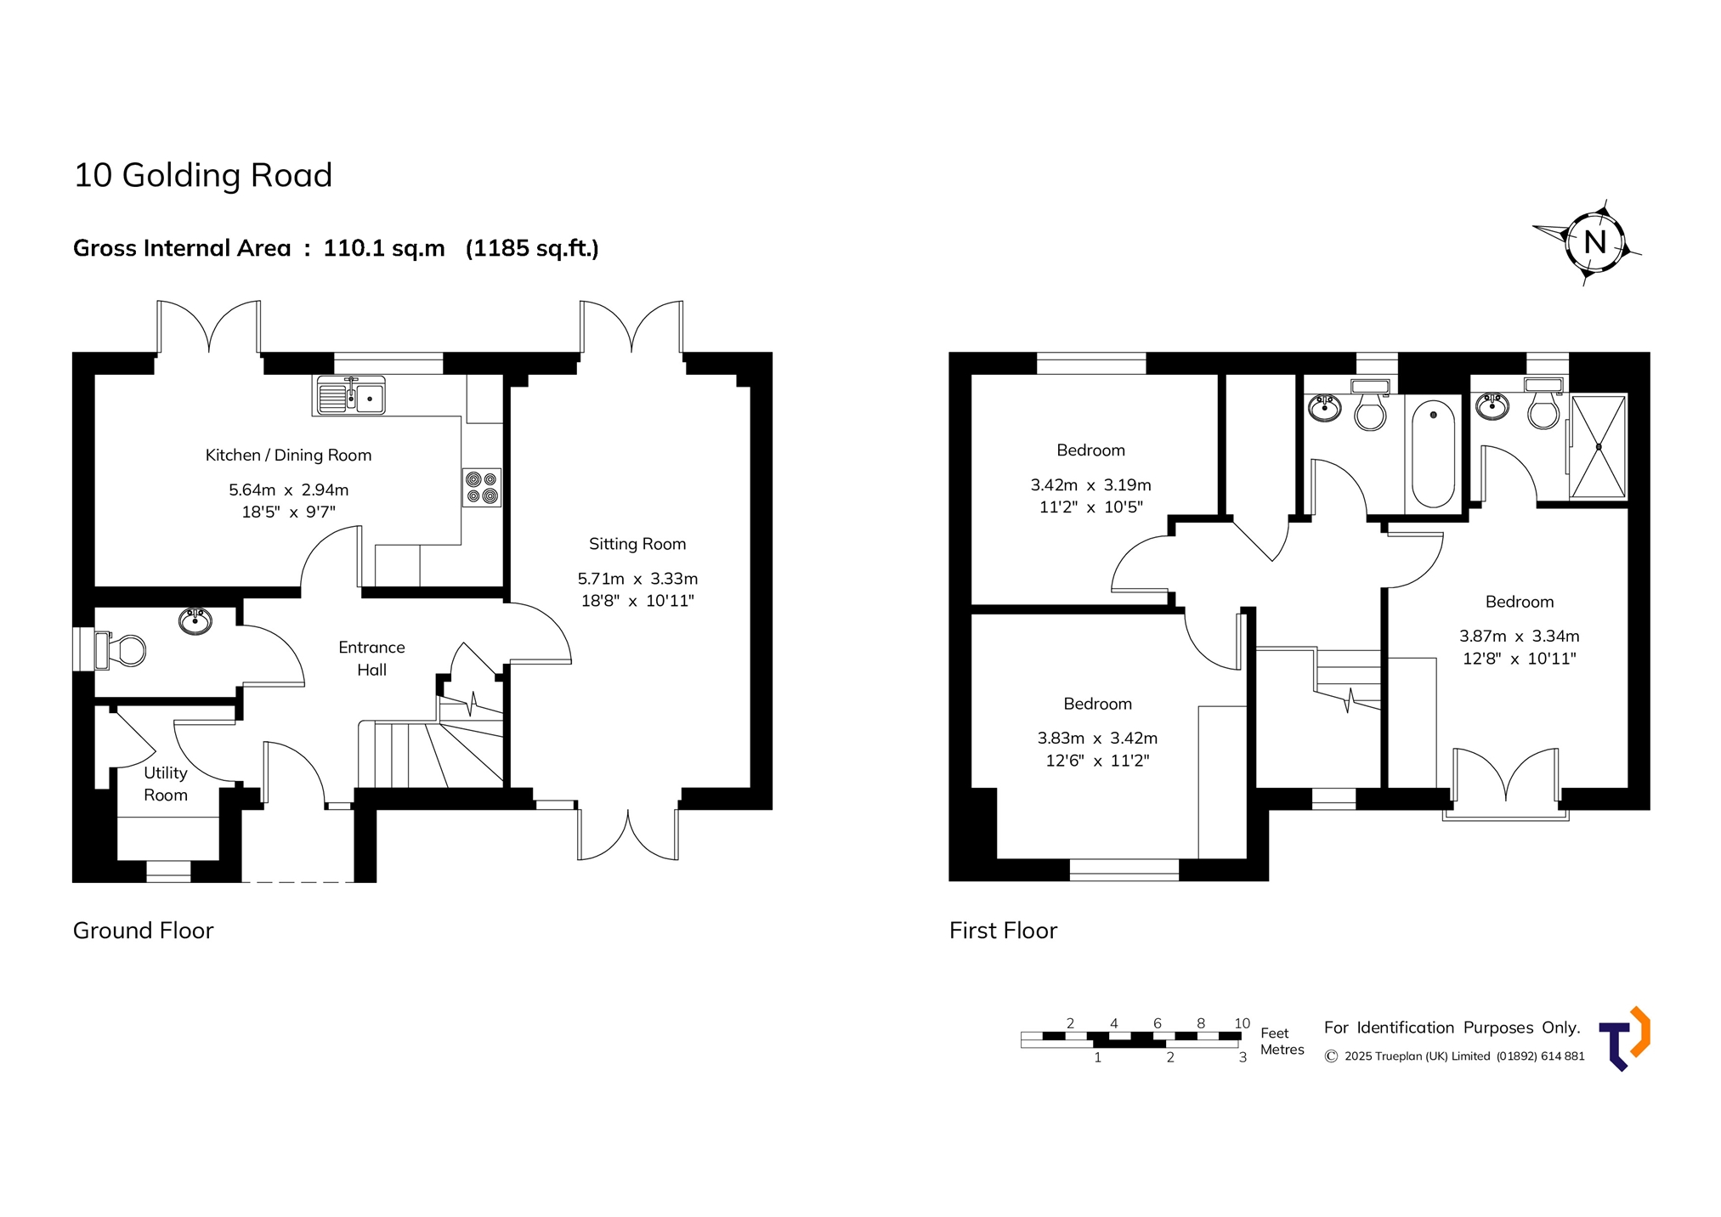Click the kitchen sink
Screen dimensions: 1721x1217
click(x=351, y=395)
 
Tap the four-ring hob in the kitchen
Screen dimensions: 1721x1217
click(x=481, y=488)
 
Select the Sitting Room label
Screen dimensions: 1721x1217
click(x=637, y=544)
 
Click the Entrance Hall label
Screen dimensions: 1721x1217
click(x=371, y=659)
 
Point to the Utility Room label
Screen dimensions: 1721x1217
click(x=165, y=784)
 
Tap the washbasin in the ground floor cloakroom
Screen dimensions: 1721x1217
click(x=195, y=621)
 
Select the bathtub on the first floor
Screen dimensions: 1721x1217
click(x=1433, y=454)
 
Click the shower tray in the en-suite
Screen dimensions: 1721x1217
click(x=1598, y=447)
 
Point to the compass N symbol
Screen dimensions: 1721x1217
click(x=1594, y=242)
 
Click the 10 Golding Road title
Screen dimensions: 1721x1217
click(x=203, y=175)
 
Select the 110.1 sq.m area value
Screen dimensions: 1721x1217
click(x=384, y=248)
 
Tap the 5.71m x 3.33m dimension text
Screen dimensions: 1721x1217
click(x=637, y=579)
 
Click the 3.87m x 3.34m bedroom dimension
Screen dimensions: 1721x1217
click(x=1520, y=636)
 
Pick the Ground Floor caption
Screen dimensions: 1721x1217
click(x=143, y=931)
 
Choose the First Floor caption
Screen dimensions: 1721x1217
click(x=1003, y=931)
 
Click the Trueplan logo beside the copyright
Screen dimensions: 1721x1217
click(x=1624, y=1039)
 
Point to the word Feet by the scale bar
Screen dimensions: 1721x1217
click(x=1274, y=1033)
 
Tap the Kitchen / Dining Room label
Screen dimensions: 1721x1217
click(x=288, y=456)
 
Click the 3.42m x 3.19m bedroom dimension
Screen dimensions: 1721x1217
click(x=1091, y=485)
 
